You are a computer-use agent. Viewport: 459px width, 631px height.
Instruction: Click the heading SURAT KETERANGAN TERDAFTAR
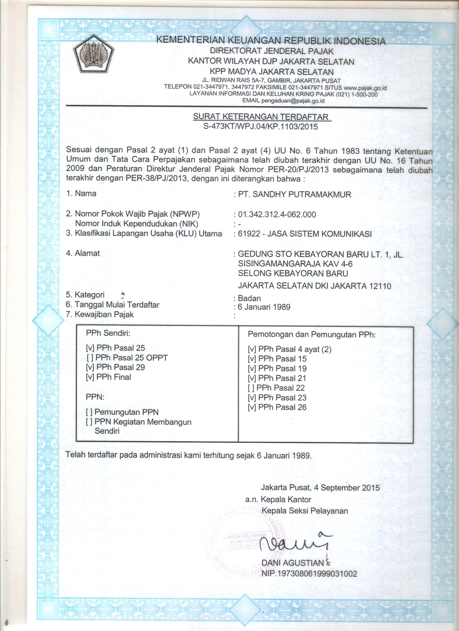coord(262,117)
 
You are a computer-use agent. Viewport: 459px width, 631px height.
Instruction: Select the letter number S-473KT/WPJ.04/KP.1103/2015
coord(260,127)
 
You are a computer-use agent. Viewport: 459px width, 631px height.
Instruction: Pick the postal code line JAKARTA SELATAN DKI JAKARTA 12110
coord(315,286)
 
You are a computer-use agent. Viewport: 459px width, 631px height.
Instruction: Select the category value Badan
coord(249,298)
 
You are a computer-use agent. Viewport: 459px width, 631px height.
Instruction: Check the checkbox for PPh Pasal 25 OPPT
coord(90,358)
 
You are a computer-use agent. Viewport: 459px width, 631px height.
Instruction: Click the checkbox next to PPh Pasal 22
coord(251,388)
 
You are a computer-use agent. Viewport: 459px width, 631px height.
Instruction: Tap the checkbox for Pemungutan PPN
coord(90,412)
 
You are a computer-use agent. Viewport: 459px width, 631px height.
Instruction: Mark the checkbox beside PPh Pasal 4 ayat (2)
coord(252,349)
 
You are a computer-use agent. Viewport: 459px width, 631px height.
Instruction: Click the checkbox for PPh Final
coord(90,377)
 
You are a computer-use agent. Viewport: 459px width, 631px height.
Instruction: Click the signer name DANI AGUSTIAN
coord(292,563)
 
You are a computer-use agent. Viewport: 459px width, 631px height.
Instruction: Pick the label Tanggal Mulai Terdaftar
coord(117,305)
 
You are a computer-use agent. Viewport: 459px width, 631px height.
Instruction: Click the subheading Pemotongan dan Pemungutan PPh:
coord(312,335)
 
